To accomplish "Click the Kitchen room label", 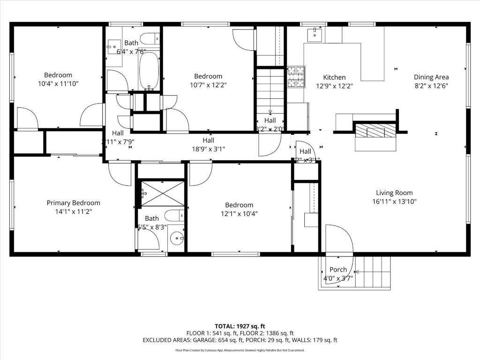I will pos(334,77).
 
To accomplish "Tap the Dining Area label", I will pos(431,77).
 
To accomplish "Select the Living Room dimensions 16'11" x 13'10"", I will pos(394,202).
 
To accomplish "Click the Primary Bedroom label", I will pos(73,203).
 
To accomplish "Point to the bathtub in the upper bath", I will pos(149,70).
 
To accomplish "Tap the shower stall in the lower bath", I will pos(163,194).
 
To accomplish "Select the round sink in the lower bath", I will pos(177,238).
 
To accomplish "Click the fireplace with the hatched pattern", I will pos(374,131).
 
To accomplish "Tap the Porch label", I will pos(338,270).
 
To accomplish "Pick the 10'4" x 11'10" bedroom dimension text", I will pos(58,84).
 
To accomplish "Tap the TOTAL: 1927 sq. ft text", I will pos(240,326).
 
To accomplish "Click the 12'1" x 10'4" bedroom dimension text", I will pos(239,214).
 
